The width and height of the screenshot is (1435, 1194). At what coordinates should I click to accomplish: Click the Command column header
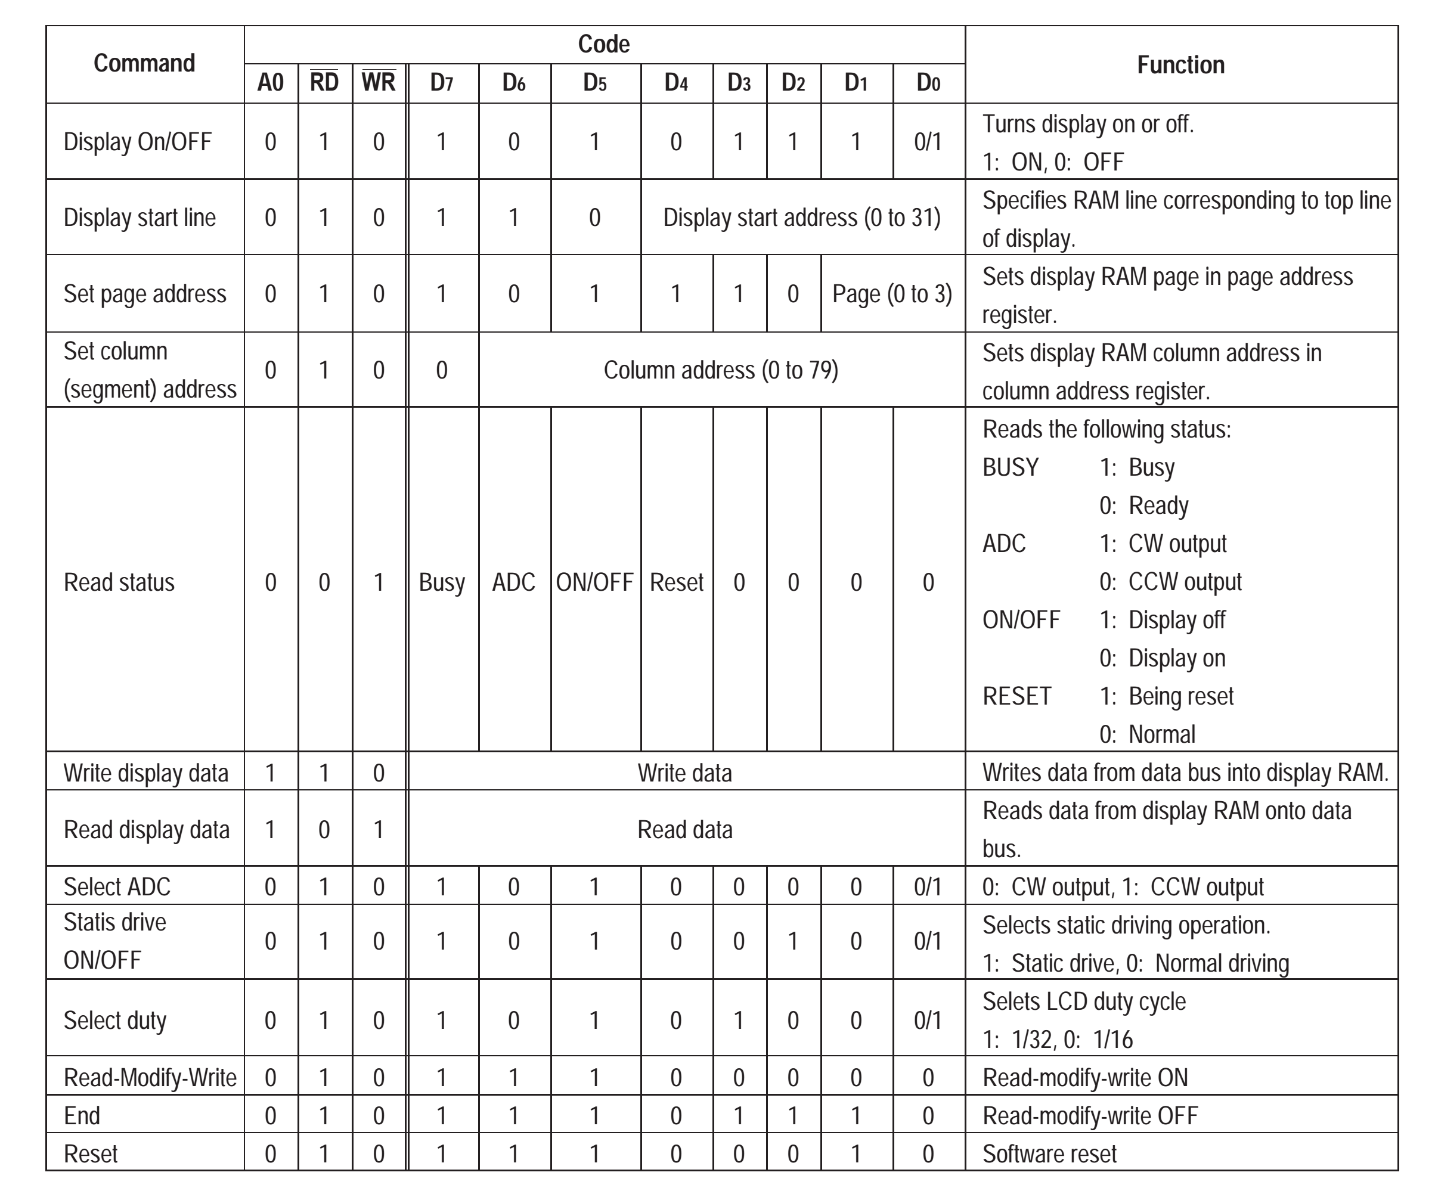click(144, 64)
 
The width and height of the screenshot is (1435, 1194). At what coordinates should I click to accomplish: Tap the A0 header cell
click(271, 83)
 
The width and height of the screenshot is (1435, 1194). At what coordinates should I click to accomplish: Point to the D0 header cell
click(928, 83)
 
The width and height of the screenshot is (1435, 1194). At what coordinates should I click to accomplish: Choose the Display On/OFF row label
click(137, 142)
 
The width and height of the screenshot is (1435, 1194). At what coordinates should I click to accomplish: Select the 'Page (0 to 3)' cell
click(892, 294)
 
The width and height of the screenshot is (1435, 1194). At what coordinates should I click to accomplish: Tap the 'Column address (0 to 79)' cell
click(720, 370)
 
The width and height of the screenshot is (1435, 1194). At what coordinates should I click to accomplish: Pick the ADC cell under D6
click(514, 582)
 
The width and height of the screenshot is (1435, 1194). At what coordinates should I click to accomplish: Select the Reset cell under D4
click(677, 582)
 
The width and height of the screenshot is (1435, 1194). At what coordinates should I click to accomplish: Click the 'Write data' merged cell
click(684, 773)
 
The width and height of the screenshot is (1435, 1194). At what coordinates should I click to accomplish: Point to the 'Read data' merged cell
click(684, 830)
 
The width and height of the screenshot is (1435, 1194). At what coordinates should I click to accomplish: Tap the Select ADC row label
click(117, 886)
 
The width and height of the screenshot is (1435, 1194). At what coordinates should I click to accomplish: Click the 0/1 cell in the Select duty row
click(928, 1021)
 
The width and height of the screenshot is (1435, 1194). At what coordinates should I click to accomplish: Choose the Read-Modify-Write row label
click(150, 1078)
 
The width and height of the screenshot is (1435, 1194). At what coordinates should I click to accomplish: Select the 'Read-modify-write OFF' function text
click(1090, 1116)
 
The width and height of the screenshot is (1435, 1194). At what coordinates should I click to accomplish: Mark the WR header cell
click(379, 83)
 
